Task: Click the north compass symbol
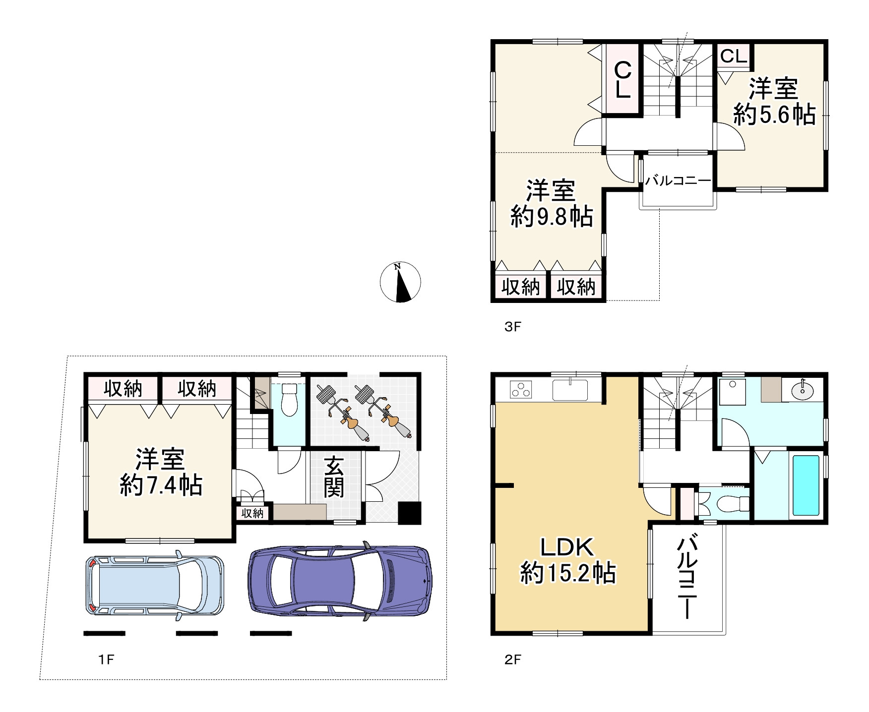click(400, 282)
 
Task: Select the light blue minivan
click(155, 585)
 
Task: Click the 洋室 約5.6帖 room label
click(774, 102)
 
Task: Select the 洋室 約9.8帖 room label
click(552, 204)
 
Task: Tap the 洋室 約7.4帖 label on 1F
click(161, 472)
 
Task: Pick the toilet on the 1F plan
click(288, 399)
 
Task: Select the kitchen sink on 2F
click(570, 389)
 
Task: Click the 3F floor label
click(513, 327)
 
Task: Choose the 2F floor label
click(513, 659)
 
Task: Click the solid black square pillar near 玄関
click(410, 513)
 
